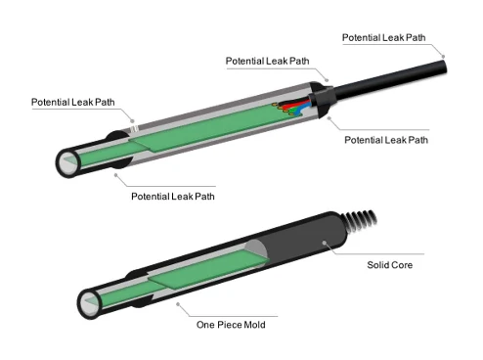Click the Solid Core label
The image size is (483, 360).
click(390, 265)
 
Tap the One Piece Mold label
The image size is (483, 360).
click(231, 325)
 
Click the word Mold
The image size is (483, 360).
click(254, 325)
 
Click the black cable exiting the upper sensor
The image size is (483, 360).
click(390, 79)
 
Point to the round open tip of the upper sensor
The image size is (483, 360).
click(68, 162)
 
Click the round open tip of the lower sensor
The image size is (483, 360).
click(90, 303)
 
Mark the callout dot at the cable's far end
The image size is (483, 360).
click(443, 57)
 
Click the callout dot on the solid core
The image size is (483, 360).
click(324, 243)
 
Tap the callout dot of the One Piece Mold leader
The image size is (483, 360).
click(178, 304)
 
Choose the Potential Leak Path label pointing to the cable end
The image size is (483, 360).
click(383, 37)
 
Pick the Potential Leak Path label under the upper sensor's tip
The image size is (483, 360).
click(173, 197)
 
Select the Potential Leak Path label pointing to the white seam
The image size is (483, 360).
click(73, 102)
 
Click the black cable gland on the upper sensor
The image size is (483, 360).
click(322, 99)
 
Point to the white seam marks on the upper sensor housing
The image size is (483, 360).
click(134, 128)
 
